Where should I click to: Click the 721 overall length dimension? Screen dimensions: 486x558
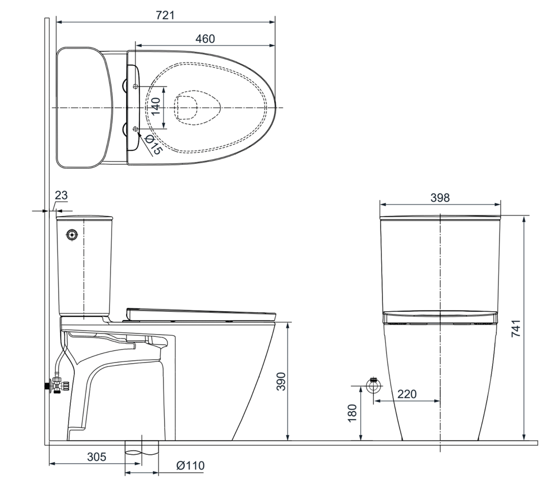(165, 15)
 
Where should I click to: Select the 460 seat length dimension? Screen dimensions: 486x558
(205, 39)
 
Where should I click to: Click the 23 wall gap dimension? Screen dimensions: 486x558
(61, 196)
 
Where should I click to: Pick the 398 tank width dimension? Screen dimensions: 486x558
(440, 198)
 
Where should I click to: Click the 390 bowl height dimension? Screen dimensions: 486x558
(281, 381)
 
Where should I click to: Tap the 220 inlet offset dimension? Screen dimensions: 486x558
(407, 394)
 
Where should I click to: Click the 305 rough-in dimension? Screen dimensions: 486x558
(96, 456)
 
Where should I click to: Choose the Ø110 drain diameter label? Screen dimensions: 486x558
(190, 465)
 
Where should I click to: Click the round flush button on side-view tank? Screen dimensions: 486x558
(71, 235)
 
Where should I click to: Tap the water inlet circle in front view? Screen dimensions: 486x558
(373, 385)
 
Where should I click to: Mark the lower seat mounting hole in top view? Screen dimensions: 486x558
(136, 128)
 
